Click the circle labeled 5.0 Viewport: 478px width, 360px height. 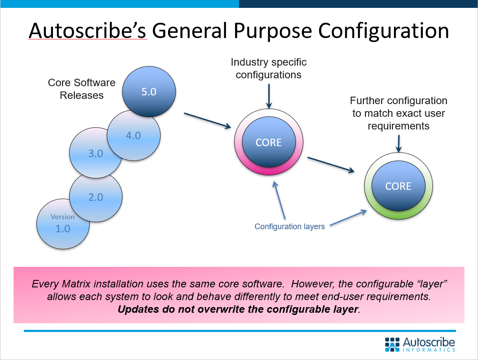149,92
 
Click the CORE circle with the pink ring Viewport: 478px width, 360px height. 269,142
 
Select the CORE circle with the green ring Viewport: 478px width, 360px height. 398,185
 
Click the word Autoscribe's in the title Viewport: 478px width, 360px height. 88,31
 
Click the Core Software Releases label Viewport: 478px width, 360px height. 81,89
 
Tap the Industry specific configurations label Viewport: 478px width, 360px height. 269,69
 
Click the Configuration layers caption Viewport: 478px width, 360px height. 290,227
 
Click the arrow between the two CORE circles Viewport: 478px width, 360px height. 331,164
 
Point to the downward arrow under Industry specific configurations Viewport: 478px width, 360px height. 269,95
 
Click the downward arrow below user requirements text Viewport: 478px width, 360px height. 398,143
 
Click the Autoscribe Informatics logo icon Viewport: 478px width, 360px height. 393,344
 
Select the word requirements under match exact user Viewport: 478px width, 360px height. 398,126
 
